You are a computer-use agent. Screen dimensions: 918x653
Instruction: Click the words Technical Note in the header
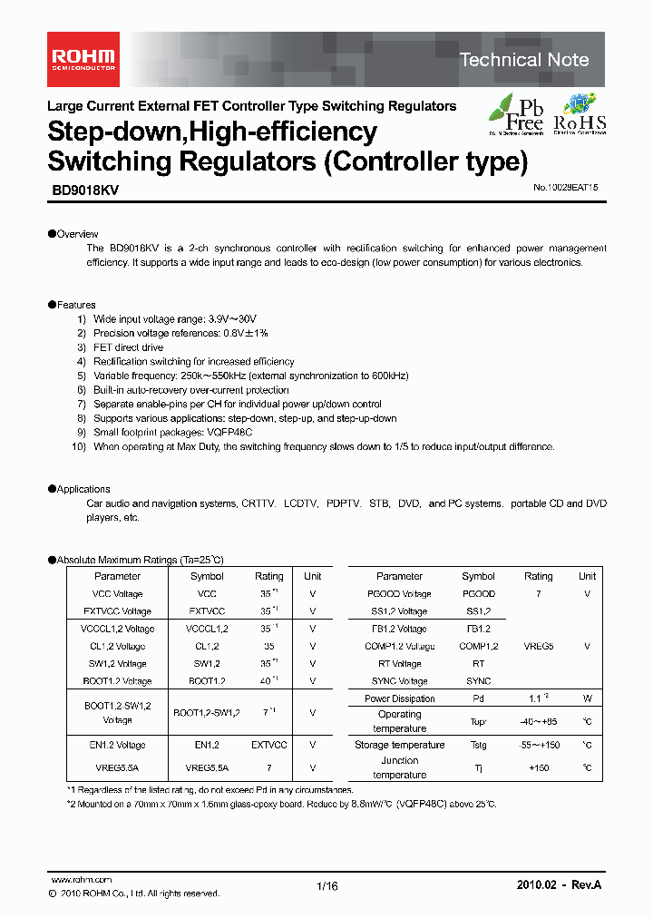click(524, 60)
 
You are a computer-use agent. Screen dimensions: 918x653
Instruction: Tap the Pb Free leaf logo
click(517, 114)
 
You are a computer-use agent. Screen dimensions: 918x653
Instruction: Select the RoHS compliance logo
click(580, 114)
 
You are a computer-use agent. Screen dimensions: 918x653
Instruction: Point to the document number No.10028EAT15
click(560, 188)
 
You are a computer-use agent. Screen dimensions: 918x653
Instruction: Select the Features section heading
click(75, 305)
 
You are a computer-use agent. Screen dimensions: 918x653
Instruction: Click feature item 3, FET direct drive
click(128, 347)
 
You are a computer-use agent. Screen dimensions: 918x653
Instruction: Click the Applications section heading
click(83, 489)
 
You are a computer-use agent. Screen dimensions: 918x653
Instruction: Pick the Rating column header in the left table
click(268, 576)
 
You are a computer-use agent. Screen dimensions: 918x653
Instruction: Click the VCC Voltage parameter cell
click(118, 594)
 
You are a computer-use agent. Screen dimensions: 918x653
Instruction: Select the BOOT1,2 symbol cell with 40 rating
click(207, 681)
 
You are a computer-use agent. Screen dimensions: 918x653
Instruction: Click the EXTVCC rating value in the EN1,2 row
click(268, 745)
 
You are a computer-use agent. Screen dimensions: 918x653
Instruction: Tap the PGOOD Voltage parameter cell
click(399, 594)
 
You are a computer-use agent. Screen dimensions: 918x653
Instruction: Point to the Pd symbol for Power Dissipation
click(478, 698)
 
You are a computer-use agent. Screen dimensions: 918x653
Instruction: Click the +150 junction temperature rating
click(539, 767)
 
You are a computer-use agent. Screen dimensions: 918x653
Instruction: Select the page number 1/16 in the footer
click(326, 886)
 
